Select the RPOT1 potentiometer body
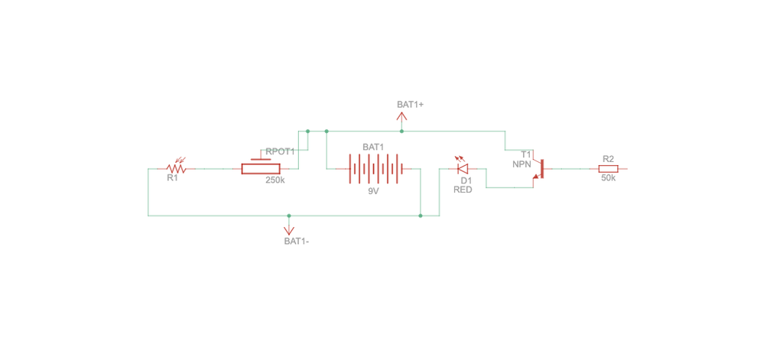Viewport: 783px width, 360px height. coord(264,169)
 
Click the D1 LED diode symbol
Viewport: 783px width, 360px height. coord(462,167)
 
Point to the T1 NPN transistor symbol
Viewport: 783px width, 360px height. coord(539,169)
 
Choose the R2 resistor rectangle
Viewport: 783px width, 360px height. coord(608,169)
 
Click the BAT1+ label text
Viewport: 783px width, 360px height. coord(411,105)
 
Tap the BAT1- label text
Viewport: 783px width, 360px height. coord(297,242)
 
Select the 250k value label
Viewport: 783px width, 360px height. coord(275,180)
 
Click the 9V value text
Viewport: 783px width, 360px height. coord(373,191)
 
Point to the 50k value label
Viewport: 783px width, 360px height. coord(608,178)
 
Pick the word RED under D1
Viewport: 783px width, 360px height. coord(462,190)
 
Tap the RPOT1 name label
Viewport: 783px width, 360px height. coord(280,151)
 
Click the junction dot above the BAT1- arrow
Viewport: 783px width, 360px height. coord(288,216)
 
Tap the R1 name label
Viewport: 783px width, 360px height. coord(172,179)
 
